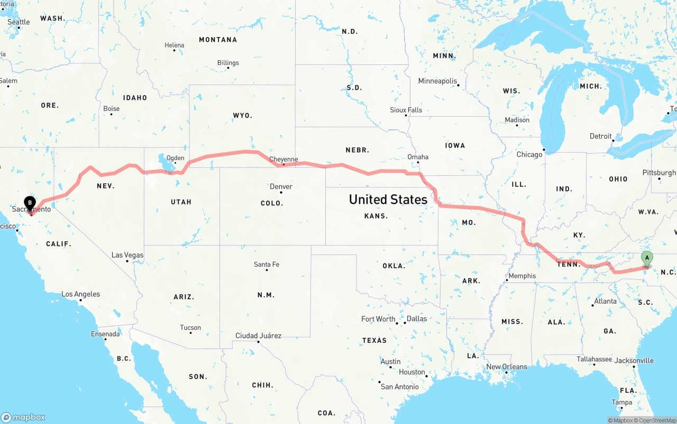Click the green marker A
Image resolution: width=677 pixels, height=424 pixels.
[646, 259]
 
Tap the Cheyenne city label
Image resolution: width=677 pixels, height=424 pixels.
[283, 159]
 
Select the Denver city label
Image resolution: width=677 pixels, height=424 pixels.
[281, 186]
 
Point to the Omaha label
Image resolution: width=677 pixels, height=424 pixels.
[418, 157]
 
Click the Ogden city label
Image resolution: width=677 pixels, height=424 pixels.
[175, 158]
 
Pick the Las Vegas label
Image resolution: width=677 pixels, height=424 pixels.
[127, 255]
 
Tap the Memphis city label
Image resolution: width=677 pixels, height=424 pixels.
[522, 276]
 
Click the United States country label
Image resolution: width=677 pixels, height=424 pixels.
[388, 199]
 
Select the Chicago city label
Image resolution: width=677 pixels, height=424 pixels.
[529, 154]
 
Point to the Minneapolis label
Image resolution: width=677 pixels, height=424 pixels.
[437, 81]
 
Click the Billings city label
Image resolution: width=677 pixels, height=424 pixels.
[228, 63]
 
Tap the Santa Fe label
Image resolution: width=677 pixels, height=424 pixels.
[267, 264]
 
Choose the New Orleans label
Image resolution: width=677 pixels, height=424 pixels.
[507, 366]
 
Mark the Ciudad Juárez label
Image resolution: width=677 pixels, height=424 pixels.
[258, 336]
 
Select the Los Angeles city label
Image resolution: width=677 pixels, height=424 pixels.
[80, 294]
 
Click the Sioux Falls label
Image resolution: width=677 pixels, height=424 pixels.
[406, 110]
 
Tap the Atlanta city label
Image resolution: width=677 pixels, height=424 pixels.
[605, 301]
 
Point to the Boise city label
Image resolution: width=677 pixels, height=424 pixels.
[111, 108]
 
